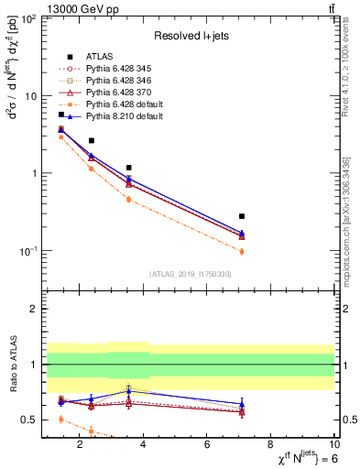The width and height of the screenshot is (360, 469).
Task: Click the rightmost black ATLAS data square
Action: [242, 216]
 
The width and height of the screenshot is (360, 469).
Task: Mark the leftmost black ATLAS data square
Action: [61, 115]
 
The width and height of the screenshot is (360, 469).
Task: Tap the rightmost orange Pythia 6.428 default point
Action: [242, 251]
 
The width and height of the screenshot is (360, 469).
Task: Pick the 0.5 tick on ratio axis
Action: [29, 420]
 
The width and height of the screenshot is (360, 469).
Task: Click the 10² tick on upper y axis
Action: [28, 18]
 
